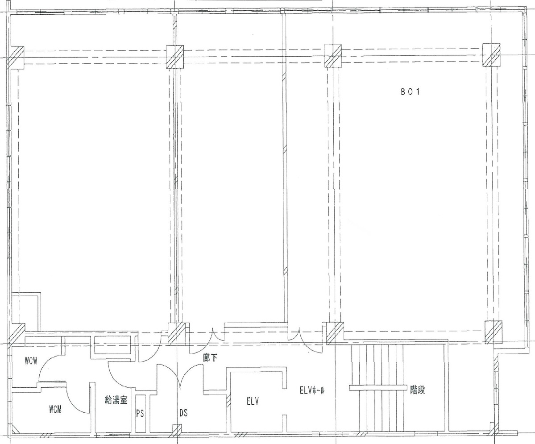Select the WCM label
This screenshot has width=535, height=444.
pyautogui.click(x=55, y=410)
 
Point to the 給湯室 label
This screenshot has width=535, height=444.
pyautogui.click(x=116, y=400)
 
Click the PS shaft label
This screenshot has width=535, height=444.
pyautogui.click(x=140, y=413)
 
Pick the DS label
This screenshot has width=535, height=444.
pyautogui.click(x=183, y=413)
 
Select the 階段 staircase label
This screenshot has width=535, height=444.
pyautogui.click(x=417, y=390)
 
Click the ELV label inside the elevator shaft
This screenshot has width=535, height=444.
pyautogui.click(x=253, y=401)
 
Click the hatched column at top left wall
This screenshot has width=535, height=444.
pyautogui.click(x=16, y=56)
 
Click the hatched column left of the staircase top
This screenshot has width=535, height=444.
pyautogui.click(x=334, y=333)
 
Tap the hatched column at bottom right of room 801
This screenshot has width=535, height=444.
pyautogui.click(x=494, y=332)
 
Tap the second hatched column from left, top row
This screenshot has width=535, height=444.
pyautogui.click(x=175, y=56)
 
